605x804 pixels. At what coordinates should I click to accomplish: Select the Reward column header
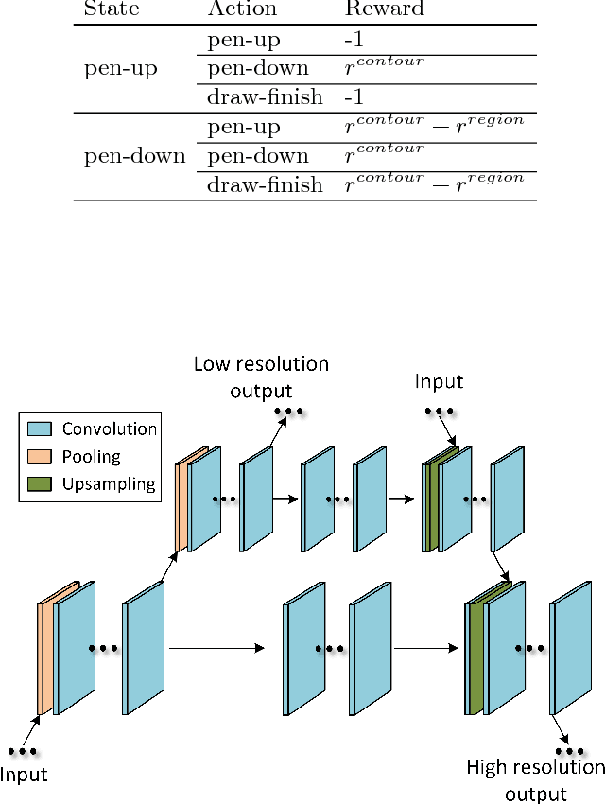click(x=385, y=10)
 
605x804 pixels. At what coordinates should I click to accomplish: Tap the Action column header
click(x=243, y=10)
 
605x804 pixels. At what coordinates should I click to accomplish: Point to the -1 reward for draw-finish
click(x=354, y=98)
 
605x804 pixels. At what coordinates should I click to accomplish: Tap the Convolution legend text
click(x=110, y=428)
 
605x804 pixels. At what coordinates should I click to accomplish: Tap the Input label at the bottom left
click(x=24, y=776)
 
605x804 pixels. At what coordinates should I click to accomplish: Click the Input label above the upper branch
click(x=439, y=382)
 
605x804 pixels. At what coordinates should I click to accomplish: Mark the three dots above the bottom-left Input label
click(x=21, y=752)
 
